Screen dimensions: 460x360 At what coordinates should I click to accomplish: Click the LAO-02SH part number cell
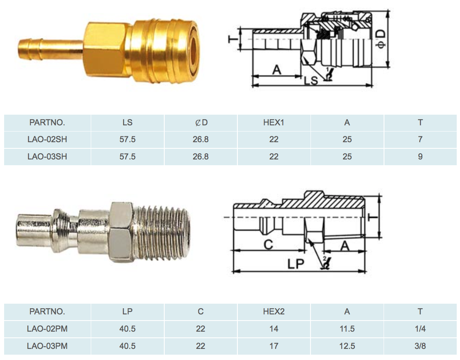click(47, 139)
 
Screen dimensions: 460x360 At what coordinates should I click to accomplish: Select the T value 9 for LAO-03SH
click(420, 157)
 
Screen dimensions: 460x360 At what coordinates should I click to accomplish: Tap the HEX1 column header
click(274, 122)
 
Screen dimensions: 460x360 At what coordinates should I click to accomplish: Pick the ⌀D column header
click(201, 122)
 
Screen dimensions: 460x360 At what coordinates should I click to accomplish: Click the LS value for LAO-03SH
click(127, 157)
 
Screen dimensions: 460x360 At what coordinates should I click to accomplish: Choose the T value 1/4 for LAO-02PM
click(420, 329)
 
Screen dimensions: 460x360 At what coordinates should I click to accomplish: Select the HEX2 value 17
click(274, 346)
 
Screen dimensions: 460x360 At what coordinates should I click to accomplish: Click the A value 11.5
click(347, 329)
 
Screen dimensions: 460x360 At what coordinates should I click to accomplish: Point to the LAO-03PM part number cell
click(47, 346)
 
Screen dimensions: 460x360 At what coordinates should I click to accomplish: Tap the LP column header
click(127, 311)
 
